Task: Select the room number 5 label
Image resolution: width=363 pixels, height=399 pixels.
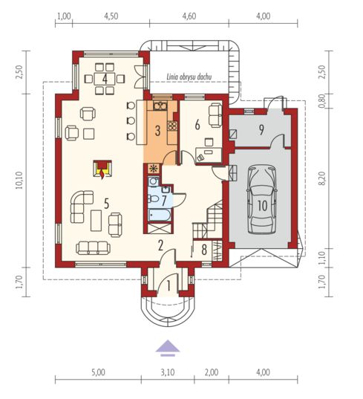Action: click(107, 201)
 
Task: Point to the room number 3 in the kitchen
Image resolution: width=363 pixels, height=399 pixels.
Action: click(157, 132)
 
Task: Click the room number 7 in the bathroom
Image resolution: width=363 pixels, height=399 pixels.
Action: click(165, 200)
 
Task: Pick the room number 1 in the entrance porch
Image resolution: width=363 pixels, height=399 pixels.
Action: click(168, 284)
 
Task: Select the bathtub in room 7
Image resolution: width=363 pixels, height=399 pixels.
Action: click(159, 216)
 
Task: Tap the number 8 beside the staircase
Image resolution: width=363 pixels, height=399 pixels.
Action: click(203, 250)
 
